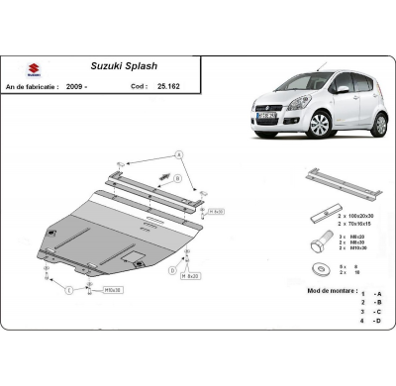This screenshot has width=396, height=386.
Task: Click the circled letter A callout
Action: point(180,154)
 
